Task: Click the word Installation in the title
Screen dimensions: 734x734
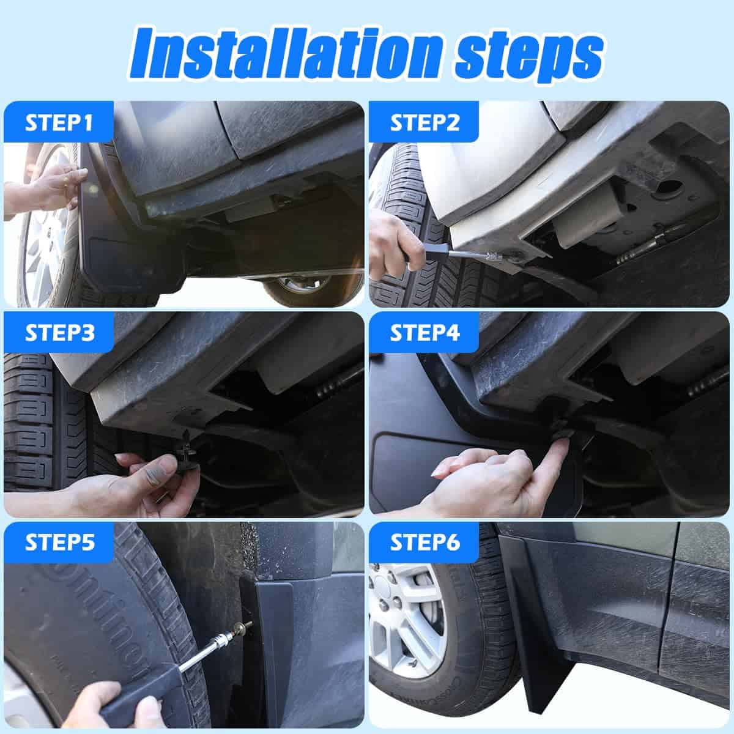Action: [x=286, y=53]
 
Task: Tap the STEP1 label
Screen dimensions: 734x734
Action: [x=59, y=122]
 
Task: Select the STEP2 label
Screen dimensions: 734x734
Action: [x=424, y=122]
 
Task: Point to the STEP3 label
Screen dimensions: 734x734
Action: [x=59, y=333]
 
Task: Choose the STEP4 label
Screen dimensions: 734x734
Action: [x=424, y=333]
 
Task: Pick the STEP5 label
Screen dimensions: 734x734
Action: [x=59, y=543]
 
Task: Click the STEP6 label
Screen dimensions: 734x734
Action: [x=424, y=543]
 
